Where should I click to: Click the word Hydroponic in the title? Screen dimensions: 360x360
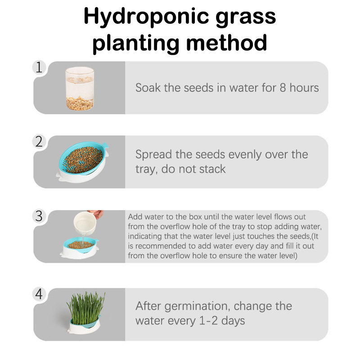pos(146,17)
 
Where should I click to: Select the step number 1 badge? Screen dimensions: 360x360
pos(39,67)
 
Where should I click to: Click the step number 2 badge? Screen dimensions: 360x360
pos(39,141)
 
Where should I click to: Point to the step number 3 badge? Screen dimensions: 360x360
pos(39,216)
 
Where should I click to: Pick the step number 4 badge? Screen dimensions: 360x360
pos(39,294)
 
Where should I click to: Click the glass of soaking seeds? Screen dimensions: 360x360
pos(80,89)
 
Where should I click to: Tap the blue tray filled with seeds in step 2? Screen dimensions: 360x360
pos(83,161)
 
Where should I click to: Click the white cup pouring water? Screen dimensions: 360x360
pos(85,223)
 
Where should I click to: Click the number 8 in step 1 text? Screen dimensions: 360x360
pos(283,88)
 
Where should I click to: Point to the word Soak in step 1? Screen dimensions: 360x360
pos(148,88)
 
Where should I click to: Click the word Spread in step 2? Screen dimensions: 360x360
pos(153,155)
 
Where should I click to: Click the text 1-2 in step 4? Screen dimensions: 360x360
pos(208,320)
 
